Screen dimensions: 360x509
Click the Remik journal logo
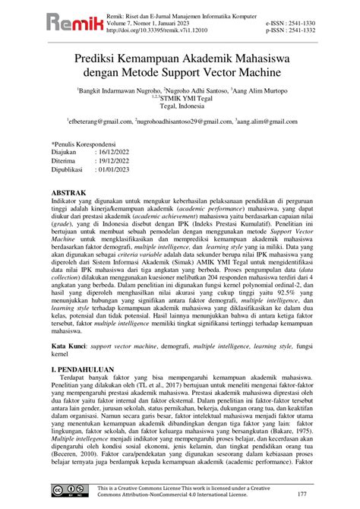(x=47, y=24)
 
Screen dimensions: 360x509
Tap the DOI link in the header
(x=163, y=31)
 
